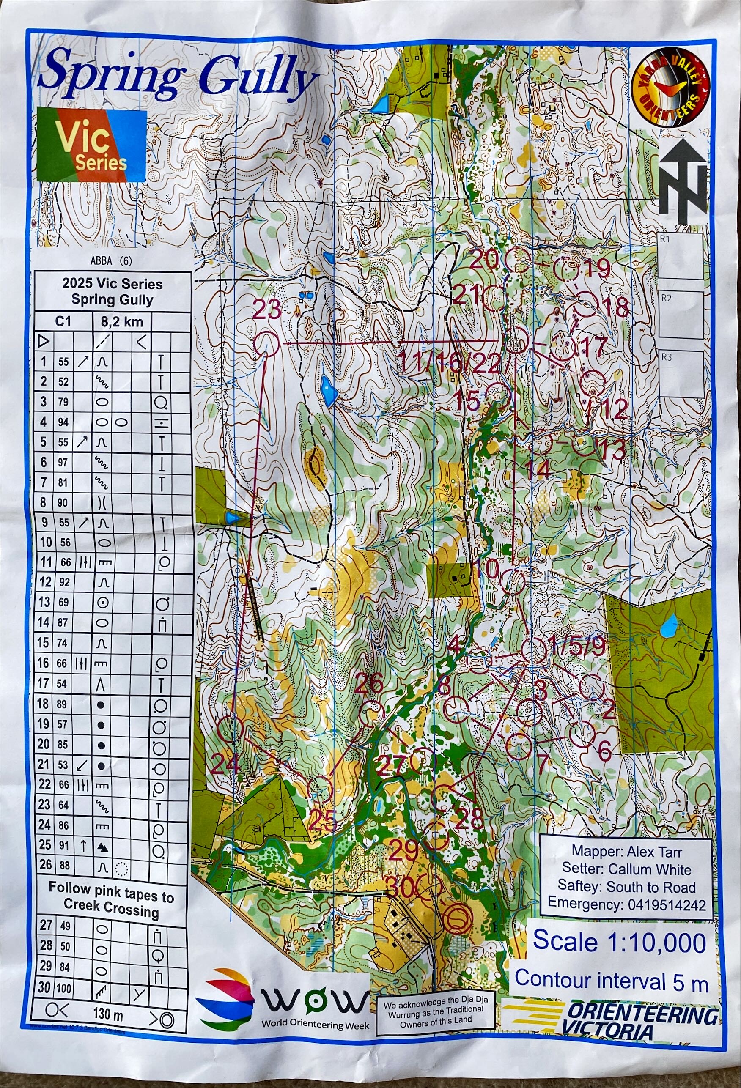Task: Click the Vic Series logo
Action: [91, 145]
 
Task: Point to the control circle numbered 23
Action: [266, 344]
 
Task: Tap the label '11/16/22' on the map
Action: [449, 363]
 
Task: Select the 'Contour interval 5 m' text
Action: [611, 980]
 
